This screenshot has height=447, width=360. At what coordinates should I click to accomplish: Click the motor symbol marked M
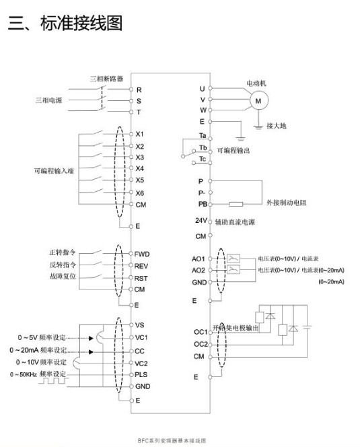(258, 100)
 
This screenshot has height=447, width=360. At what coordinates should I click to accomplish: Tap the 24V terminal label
(201, 221)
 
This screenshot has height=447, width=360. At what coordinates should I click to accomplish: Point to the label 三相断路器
(107, 78)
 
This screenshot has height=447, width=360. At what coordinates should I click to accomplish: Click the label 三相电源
(49, 100)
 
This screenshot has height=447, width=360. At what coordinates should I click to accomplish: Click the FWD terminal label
(142, 254)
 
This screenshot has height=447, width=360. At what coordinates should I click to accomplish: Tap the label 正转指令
(63, 253)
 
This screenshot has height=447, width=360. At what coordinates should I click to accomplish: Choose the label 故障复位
(63, 276)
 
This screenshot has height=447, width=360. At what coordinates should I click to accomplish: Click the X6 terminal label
(140, 193)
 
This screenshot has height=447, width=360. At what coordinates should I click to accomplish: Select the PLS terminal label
(142, 374)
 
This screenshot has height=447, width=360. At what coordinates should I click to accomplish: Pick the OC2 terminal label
(201, 343)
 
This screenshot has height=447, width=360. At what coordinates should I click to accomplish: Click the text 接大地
(277, 125)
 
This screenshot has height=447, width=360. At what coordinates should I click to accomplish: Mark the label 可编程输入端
(54, 171)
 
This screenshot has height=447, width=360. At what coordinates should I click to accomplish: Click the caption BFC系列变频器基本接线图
(180, 440)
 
